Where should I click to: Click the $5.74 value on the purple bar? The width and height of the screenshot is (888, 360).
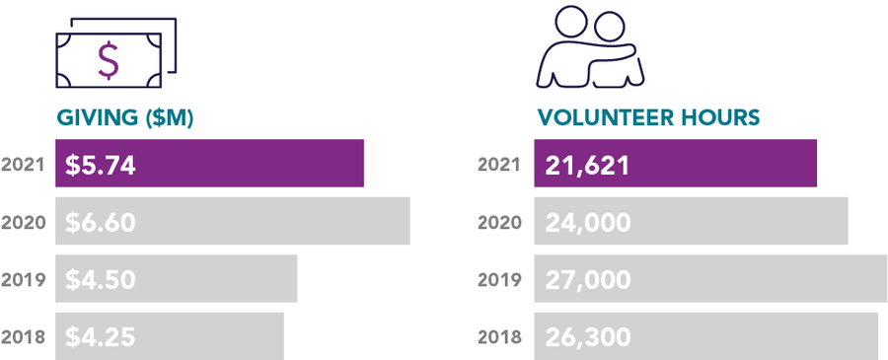[100, 165]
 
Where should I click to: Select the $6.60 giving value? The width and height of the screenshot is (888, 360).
[100, 223]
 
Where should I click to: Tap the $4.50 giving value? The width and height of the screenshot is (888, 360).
[100, 280]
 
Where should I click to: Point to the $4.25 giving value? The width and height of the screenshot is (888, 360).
[100, 337]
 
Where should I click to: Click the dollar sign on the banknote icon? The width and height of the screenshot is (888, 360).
[108, 60]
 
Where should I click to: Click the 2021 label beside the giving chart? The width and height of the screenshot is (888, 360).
[24, 165]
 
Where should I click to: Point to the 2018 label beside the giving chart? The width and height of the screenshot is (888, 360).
[24, 337]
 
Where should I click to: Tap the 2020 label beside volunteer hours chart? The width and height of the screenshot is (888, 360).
[500, 223]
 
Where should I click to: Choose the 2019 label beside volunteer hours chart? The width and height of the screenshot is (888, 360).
[500, 280]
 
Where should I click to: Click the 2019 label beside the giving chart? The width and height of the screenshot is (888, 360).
[24, 280]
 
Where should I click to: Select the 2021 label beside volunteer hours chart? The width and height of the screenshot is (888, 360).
[500, 165]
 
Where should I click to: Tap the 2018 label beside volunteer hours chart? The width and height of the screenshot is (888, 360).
[500, 337]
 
